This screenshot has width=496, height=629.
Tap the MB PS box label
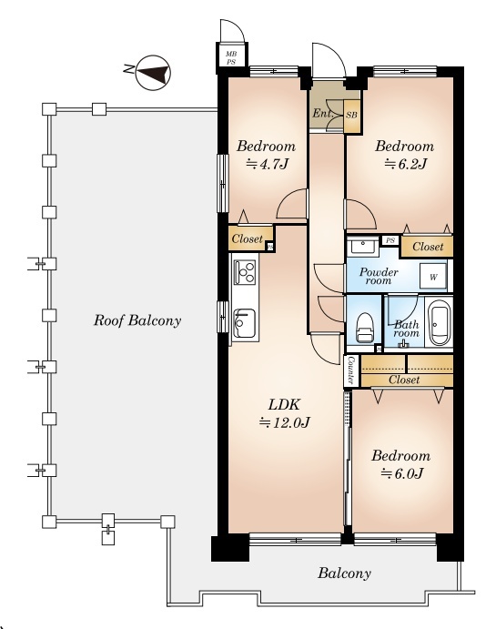pos(231,57)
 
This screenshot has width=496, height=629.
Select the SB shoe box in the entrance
pos(351,116)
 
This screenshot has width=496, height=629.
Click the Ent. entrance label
pos(322,114)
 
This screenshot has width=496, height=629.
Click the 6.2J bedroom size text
pos(405,164)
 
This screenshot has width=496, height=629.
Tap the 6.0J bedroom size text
pos(401,473)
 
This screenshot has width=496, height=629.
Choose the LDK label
pos(284,405)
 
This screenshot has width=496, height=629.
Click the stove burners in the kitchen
pos(245,272)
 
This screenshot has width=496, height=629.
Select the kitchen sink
pos(244,323)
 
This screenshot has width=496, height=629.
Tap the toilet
pos(364,327)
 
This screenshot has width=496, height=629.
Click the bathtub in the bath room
pos(439,322)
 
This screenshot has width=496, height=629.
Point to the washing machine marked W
pos(433,277)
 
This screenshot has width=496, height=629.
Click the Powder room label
pos(379,276)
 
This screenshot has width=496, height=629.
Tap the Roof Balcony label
pos(137,321)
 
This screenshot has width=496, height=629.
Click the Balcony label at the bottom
pos(344,573)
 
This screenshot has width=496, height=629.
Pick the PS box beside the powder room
pos(390,240)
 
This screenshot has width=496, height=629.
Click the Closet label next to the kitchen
pos(248,239)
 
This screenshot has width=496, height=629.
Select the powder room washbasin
pos(363,246)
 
